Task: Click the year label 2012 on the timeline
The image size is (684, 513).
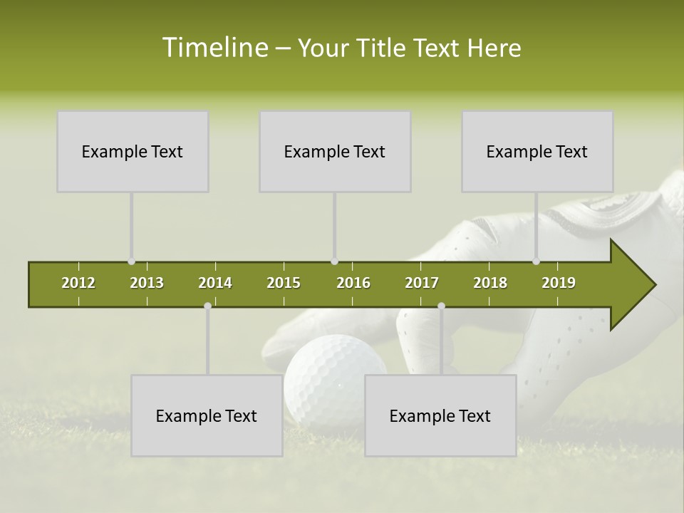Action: click(x=78, y=283)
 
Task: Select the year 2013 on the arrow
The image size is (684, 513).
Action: click(x=147, y=283)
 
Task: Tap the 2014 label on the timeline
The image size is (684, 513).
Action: click(x=215, y=283)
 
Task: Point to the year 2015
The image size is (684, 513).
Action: click(x=284, y=283)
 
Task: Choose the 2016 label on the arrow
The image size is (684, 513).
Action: click(x=353, y=283)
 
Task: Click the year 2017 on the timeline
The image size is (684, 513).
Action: click(x=422, y=283)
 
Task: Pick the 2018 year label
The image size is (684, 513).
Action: click(x=490, y=283)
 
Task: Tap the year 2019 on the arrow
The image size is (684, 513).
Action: click(x=559, y=283)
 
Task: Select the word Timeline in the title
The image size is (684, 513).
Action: click(x=214, y=48)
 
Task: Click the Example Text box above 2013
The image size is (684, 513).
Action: click(x=133, y=151)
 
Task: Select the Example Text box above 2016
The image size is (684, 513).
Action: click(x=335, y=151)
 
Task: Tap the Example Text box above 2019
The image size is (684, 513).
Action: click(x=537, y=151)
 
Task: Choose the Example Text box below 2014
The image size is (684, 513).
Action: click(x=207, y=415)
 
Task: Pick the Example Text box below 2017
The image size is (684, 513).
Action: click(x=440, y=415)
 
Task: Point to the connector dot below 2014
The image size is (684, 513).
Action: click(x=207, y=306)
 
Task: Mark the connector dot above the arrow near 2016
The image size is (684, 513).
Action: click(x=335, y=261)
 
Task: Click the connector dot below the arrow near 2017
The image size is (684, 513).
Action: click(x=441, y=306)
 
